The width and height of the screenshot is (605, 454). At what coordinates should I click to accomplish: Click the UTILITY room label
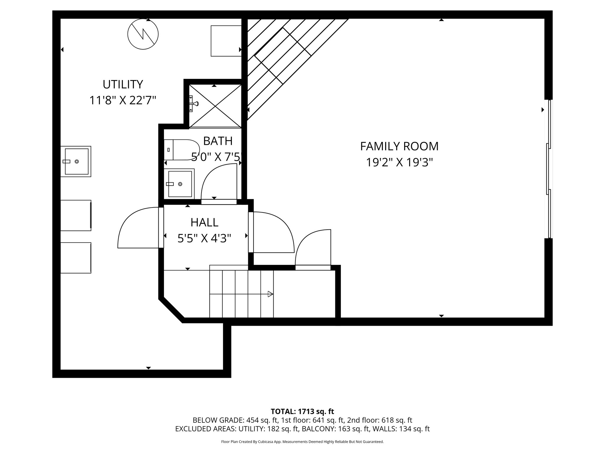123,85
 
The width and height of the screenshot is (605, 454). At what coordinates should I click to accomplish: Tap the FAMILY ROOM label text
399,147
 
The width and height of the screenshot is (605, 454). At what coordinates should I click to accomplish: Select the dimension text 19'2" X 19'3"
399,162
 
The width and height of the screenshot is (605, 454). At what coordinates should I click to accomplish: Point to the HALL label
204,222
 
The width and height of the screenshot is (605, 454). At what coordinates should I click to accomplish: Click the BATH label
218,141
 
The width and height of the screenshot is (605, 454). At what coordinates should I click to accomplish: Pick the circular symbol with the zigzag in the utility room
143,34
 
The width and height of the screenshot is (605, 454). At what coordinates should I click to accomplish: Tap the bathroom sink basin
180,184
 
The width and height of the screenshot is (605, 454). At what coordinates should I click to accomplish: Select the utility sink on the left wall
76,161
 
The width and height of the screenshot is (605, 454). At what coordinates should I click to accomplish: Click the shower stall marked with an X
215,106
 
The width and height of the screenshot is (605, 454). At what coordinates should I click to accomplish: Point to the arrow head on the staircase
270,294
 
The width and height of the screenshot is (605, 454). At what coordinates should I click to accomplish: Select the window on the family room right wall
549,169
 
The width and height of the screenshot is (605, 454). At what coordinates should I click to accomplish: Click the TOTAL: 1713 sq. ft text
302,411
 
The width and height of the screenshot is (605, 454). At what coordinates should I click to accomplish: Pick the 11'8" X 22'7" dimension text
123,100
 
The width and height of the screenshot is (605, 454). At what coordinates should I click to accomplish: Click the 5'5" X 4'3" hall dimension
204,238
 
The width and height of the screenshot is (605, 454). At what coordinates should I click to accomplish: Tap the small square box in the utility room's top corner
226,41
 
